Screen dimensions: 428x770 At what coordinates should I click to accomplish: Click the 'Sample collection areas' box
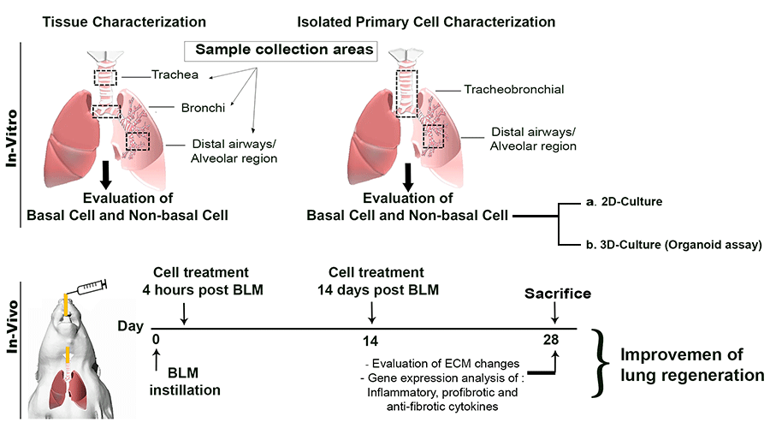279,50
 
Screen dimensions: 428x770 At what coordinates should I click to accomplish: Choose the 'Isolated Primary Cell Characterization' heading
424,20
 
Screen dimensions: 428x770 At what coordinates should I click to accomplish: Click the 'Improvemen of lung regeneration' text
680,364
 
